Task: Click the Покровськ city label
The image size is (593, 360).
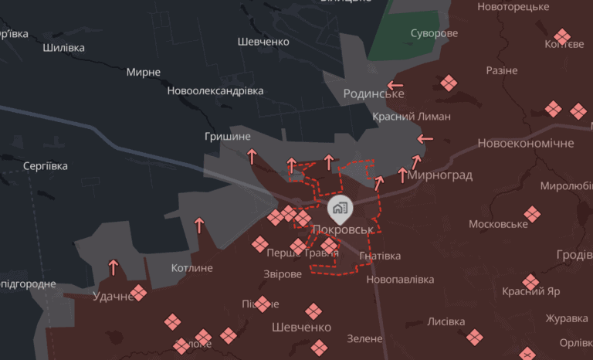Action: [343, 229]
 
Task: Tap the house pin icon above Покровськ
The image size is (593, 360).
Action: [340, 207]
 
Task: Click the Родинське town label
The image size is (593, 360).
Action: [374, 93]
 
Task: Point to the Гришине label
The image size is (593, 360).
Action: [228, 137]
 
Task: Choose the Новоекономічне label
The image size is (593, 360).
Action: [526, 144]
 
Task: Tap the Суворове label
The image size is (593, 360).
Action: [434, 33]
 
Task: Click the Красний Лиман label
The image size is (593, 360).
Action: [411, 116]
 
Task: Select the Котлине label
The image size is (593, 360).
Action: [191, 268]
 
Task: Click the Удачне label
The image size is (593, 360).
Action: [113, 296]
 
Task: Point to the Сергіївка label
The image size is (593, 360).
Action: [46, 166]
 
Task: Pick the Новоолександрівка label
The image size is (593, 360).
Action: [215, 90]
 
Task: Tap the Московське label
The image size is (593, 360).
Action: [499, 224]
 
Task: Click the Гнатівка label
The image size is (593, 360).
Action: [380, 256]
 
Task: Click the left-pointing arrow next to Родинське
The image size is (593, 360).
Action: [395, 85]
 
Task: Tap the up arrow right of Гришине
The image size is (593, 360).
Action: [252, 157]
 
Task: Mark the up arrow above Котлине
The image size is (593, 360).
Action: [199, 226]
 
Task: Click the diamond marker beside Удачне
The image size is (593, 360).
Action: [139, 293]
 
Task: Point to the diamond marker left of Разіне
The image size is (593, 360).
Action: [448, 83]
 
